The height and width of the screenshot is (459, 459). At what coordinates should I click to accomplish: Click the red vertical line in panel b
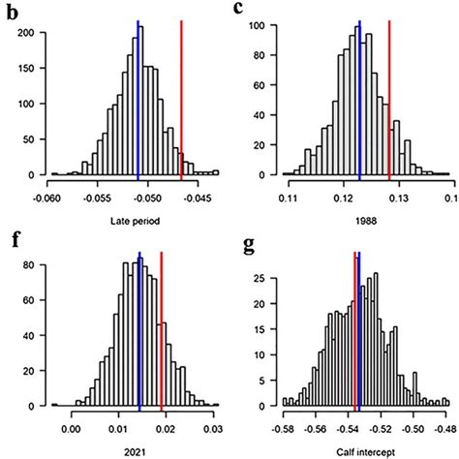point(181,97)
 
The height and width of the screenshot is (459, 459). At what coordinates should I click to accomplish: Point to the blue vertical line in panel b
point(138,97)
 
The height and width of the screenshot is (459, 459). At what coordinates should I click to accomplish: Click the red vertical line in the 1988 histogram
point(389,97)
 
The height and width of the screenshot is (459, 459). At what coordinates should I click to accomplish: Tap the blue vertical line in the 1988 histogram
point(359,97)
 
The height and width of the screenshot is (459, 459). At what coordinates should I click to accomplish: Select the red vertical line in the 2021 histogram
point(162,329)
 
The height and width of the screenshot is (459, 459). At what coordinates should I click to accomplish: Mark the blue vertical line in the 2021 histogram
point(139,329)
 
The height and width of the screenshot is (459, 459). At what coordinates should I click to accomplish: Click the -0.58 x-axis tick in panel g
point(284,426)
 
